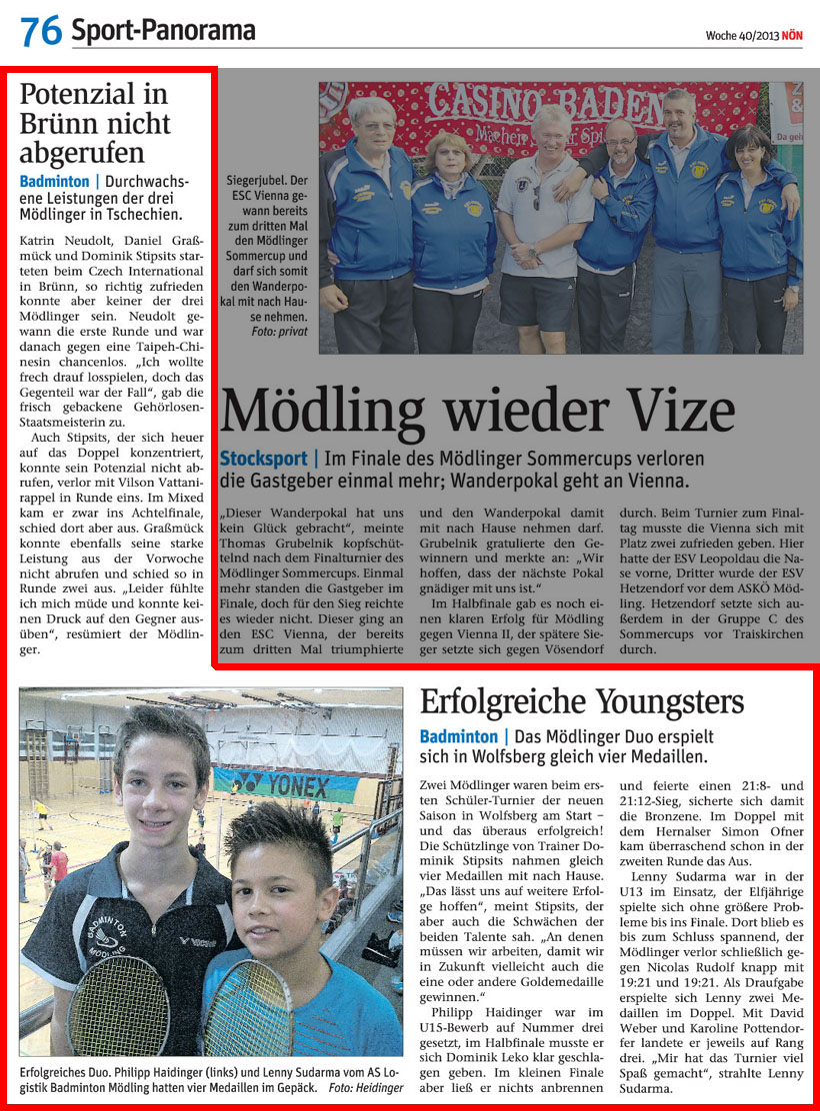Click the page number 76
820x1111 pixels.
[x=41, y=32]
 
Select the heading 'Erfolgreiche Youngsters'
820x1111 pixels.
[x=581, y=702]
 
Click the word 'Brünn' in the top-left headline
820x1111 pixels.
[x=61, y=124]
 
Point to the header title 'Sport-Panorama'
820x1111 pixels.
[x=163, y=32]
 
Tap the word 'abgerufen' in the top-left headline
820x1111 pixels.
[x=82, y=153]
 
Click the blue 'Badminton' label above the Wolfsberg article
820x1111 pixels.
[x=459, y=737]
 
